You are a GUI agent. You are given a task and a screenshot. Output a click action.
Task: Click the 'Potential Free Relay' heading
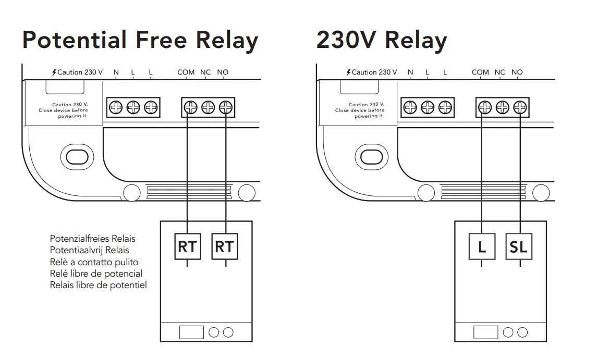140,41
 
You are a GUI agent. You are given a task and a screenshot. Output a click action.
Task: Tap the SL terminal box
519,247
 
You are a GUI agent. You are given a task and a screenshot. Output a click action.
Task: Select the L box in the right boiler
481,247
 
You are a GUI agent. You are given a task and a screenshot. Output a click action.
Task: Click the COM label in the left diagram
186,72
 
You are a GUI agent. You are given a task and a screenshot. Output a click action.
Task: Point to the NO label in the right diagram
517,72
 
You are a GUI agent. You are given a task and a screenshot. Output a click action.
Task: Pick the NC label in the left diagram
205,72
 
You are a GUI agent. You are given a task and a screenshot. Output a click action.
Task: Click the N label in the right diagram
410,72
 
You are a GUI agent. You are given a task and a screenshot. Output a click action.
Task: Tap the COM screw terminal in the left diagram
191,108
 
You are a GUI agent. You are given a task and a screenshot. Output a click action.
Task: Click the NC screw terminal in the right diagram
502,108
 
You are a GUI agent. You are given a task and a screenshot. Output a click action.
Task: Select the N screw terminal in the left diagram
116,108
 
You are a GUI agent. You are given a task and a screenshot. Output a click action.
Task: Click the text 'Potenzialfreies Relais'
92,239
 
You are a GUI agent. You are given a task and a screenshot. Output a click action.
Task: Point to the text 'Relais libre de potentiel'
98,285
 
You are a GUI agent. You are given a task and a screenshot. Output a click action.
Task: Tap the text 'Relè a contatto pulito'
94,262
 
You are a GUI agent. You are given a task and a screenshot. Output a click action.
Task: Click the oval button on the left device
77,156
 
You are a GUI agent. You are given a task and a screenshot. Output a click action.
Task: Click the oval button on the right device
371,156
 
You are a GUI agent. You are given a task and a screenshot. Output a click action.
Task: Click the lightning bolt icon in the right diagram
348,72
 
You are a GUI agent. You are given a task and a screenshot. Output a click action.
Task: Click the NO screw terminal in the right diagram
520,108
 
